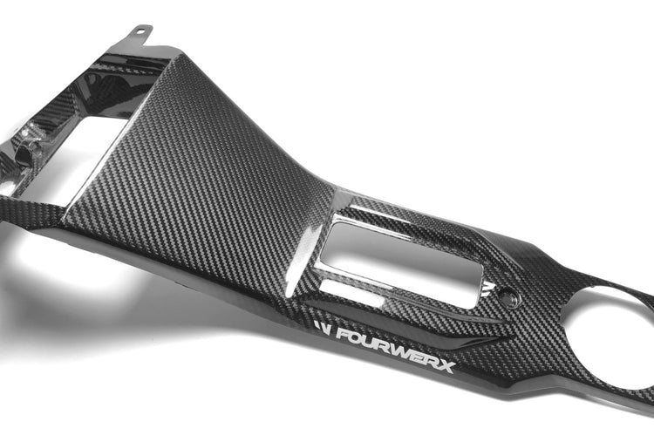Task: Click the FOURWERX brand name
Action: pyautogui.click(x=395, y=348)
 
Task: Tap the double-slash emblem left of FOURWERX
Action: pyautogui.click(x=323, y=329)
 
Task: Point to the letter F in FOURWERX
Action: pyautogui.click(x=343, y=334)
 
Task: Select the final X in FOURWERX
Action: pyautogui.click(x=446, y=367)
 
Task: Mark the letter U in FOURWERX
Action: pyautogui.click(x=371, y=342)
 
